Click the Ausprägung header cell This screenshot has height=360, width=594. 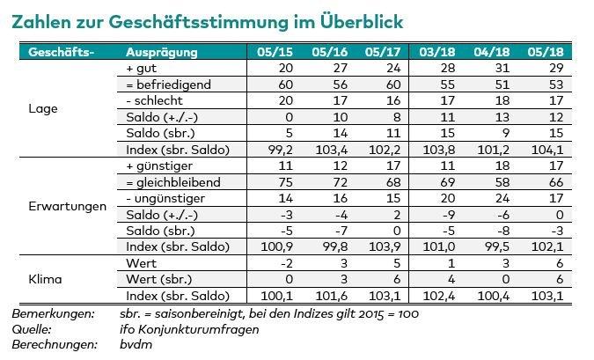click(x=162, y=52)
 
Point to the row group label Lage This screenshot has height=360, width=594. click(x=43, y=109)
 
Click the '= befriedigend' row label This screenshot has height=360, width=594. click(x=170, y=84)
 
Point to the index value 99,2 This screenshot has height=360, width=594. click(x=279, y=149)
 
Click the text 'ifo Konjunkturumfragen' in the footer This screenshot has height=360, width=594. click(x=190, y=329)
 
